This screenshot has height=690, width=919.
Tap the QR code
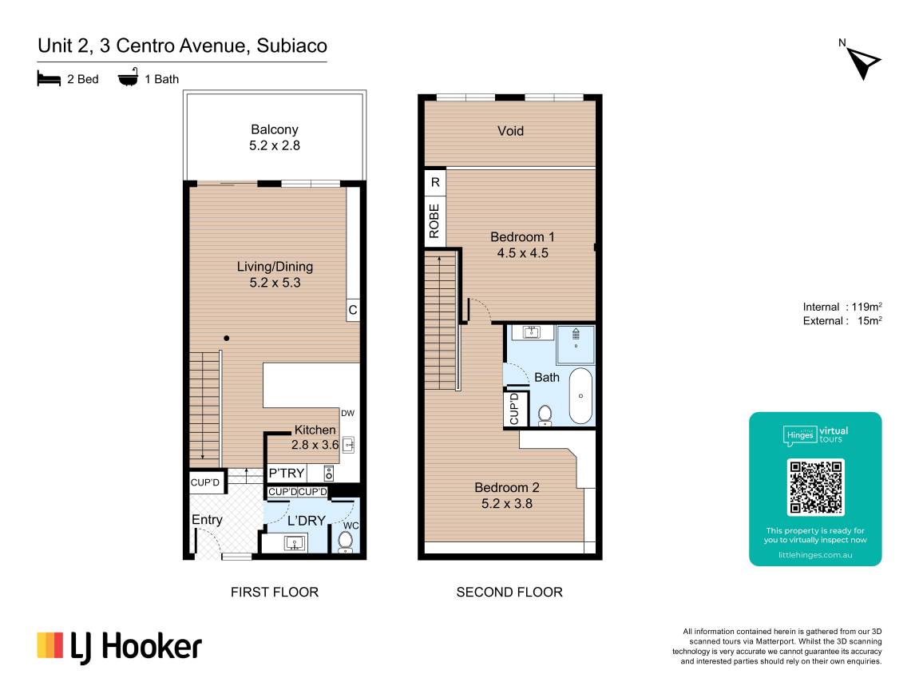click(x=815, y=486)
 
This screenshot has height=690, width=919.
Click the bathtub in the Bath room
click(x=580, y=395)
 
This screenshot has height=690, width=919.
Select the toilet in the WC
click(x=345, y=541)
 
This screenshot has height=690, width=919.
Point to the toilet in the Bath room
click(x=545, y=415)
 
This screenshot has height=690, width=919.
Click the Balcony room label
click(x=275, y=137)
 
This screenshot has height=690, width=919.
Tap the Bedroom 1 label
click(x=522, y=245)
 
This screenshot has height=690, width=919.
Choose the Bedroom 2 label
click(x=507, y=495)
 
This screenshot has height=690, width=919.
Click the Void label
click(x=510, y=131)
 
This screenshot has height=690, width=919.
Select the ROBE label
click(x=434, y=221)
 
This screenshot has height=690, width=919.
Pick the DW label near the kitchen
click(x=347, y=413)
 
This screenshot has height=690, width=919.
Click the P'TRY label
click(x=287, y=473)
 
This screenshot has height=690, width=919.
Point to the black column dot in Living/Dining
click(x=226, y=339)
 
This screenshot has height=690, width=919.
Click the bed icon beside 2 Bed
click(x=49, y=78)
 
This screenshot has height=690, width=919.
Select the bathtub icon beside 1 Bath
click(x=129, y=77)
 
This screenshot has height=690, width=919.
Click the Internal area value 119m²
click(x=867, y=307)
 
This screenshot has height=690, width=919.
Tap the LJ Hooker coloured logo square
click(x=50, y=644)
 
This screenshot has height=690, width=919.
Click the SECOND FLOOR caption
click(x=509, y=592)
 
